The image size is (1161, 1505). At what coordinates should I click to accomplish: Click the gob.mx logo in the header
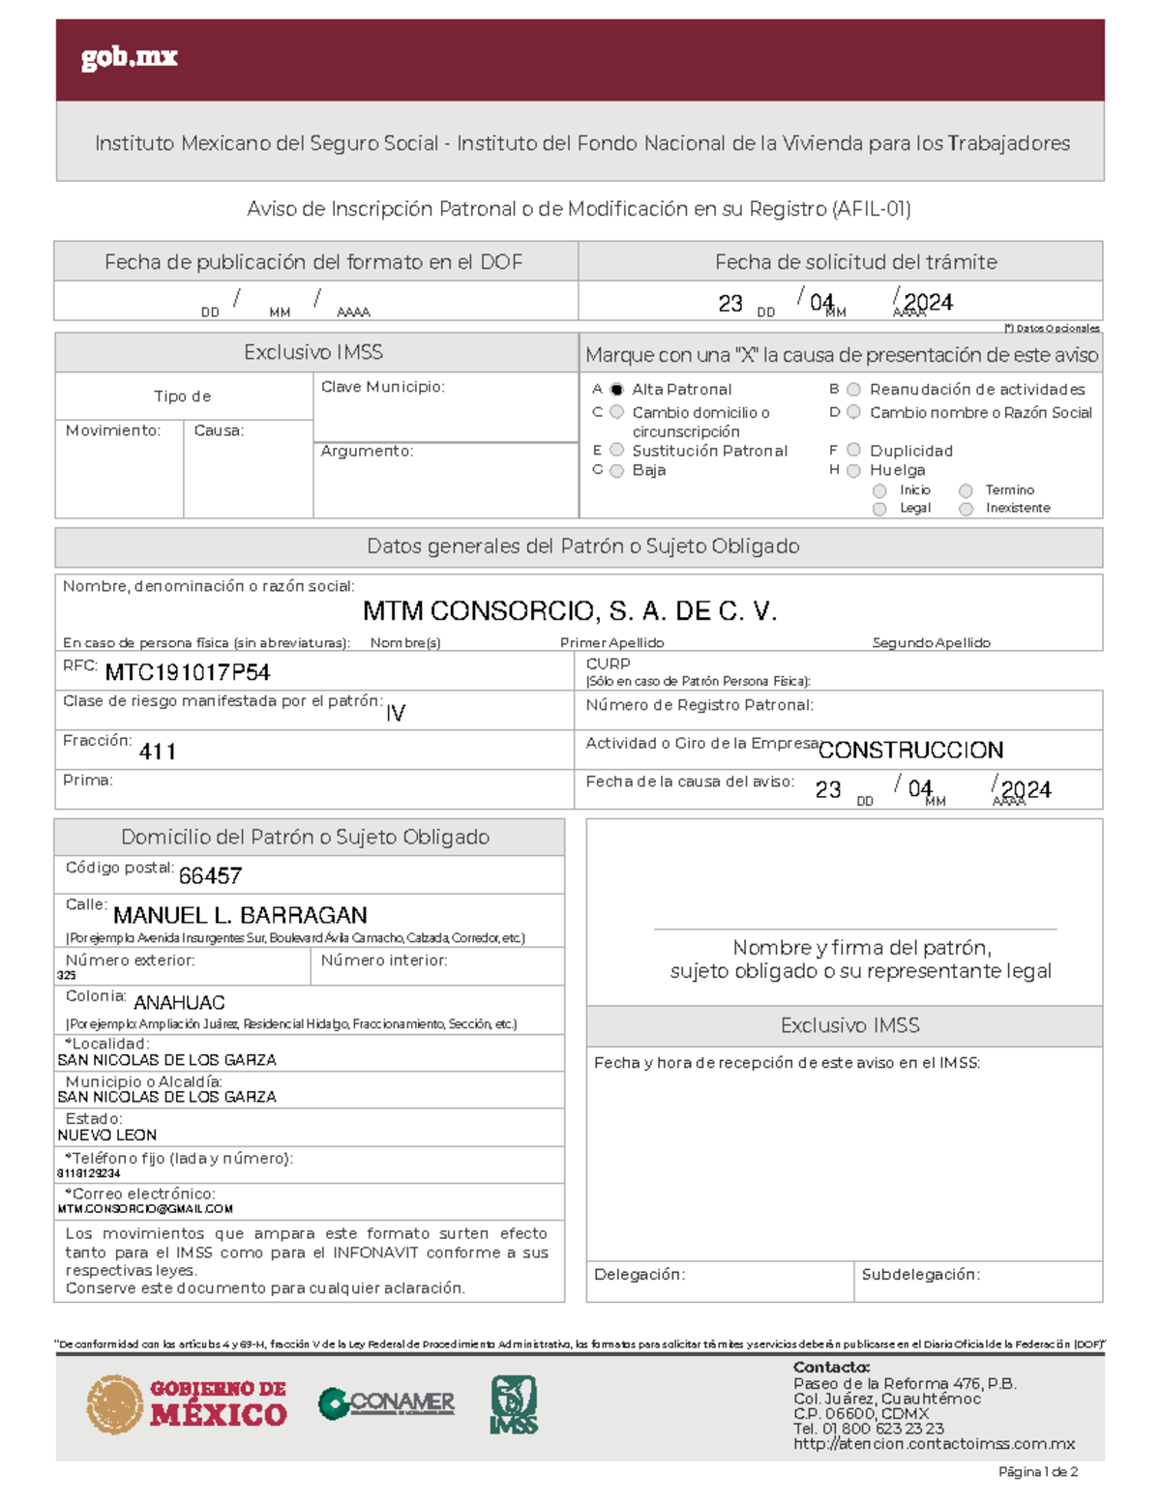point(129,57)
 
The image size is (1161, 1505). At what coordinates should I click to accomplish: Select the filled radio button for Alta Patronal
point(616,390)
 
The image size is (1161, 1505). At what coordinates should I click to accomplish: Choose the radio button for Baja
point(616,471)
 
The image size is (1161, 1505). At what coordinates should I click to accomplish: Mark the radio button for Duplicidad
point(853,450)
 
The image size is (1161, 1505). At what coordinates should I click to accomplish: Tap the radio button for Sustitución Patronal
point(616,450)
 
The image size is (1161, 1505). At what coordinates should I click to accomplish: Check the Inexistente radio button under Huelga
point(966,509)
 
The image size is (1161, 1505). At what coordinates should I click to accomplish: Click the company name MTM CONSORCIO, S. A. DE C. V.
point(570,611)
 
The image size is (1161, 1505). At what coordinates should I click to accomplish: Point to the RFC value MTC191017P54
point(187,672)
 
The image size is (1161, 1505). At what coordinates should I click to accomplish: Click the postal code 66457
point(210,876)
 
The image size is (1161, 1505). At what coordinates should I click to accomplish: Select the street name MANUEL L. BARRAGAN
point(240,915)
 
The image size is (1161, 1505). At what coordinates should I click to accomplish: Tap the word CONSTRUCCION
point(910,751)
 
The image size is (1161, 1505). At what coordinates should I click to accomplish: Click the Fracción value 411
point(157,752)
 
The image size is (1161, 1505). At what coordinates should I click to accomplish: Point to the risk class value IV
point(395,714)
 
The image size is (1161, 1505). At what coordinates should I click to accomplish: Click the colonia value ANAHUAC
point(179,1003)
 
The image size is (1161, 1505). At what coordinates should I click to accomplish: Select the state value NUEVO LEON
point(106,1136)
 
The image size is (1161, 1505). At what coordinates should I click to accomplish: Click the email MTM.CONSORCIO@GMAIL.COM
point(145,1209)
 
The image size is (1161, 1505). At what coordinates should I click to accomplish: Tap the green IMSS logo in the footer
point(514,1404)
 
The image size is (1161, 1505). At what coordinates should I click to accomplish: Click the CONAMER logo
point(387,1402)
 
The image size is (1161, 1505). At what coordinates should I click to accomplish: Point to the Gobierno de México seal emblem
point(114,1404)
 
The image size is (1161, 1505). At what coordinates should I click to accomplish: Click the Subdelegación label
point(920,1275)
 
